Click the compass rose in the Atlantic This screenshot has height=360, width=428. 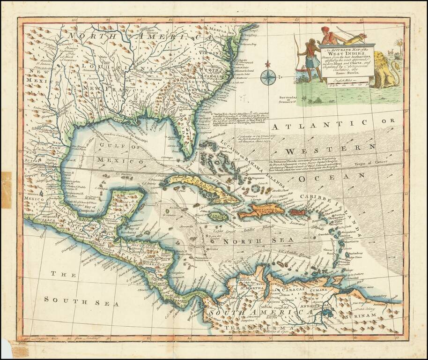pyautogui.click(x=268, y=76)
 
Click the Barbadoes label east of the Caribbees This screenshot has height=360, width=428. pyautogui.click(x=358, y=254)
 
